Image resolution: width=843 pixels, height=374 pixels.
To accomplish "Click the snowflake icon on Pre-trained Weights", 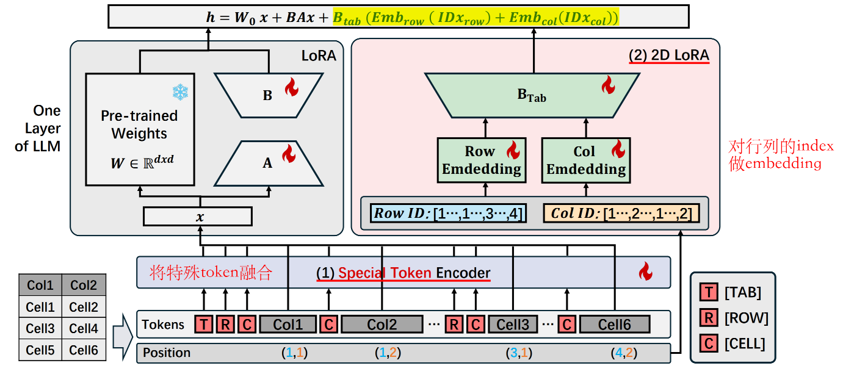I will click(x=180, y=92).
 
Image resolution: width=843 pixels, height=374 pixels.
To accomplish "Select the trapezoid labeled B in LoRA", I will click(x=267, y=95).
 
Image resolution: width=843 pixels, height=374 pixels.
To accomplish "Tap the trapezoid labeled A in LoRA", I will click(x=267, y=163).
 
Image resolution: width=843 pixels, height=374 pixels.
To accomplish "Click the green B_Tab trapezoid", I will click(x=532, y=95).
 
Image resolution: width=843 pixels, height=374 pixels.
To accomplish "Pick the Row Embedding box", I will click(x=482, y=160).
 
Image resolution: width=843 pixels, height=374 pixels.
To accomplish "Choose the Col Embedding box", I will click(x=586, y=160).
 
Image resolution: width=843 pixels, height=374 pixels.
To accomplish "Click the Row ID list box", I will click(x=447, y=214).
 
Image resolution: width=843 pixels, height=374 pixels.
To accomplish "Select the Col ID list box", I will click(x=621, y=214).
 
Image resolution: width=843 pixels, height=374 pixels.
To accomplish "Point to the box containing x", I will click(x=198, y=217).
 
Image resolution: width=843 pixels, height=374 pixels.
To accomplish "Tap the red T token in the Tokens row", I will click(x=204, y=324).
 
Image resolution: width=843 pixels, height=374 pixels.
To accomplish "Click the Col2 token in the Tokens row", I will click(x=382, y=324).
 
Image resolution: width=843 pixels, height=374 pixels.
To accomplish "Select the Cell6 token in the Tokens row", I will click(x=614, y=324).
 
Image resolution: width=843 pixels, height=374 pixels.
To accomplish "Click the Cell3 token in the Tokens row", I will click(x=512, y=324).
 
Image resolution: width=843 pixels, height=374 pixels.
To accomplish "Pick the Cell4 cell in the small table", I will click(x=84, y=328).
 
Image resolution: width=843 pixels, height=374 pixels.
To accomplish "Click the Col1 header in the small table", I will click(x=40, y=286).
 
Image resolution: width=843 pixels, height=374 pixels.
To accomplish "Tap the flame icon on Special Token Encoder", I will click(x=645, y=272).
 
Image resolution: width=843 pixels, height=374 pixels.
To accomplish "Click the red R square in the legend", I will click(x=708, y=318).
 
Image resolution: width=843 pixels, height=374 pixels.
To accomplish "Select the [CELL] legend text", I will click(x=744, y=343).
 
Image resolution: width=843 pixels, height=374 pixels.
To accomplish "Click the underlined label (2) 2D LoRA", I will click(x=669, y=56).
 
